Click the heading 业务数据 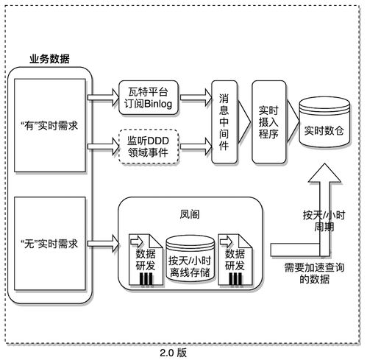pyautogui.click(x=49, y=58)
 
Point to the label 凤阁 pyautogui.click(x=190, y=216)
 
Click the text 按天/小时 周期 pyautogui.click(x=324, y=221)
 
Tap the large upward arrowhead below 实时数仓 pyautogui.click(x=323, y=175)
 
